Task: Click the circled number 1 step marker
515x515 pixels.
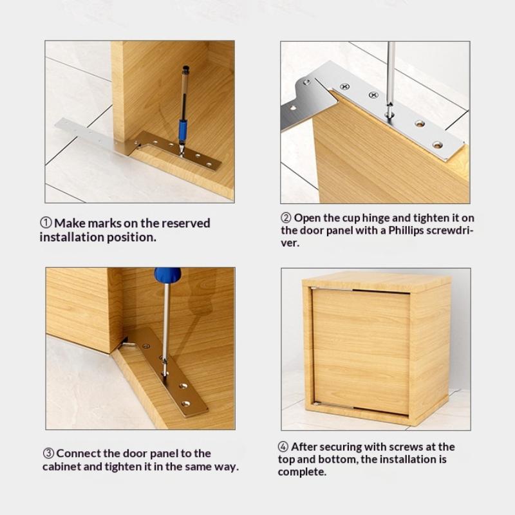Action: [x=46, y=223]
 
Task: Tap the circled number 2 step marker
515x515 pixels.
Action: [x=286, y=218]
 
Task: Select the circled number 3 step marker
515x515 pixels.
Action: [x=49, y=453]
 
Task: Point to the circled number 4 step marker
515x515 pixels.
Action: [x=283, y=446]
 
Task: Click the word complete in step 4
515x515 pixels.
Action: [x=302, y=472]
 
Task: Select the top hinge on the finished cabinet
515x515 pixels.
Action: [x=331, y=289]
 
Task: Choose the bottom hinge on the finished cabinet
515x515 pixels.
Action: [x=332, y=404]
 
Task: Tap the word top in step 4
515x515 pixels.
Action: [x=288, y=459]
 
